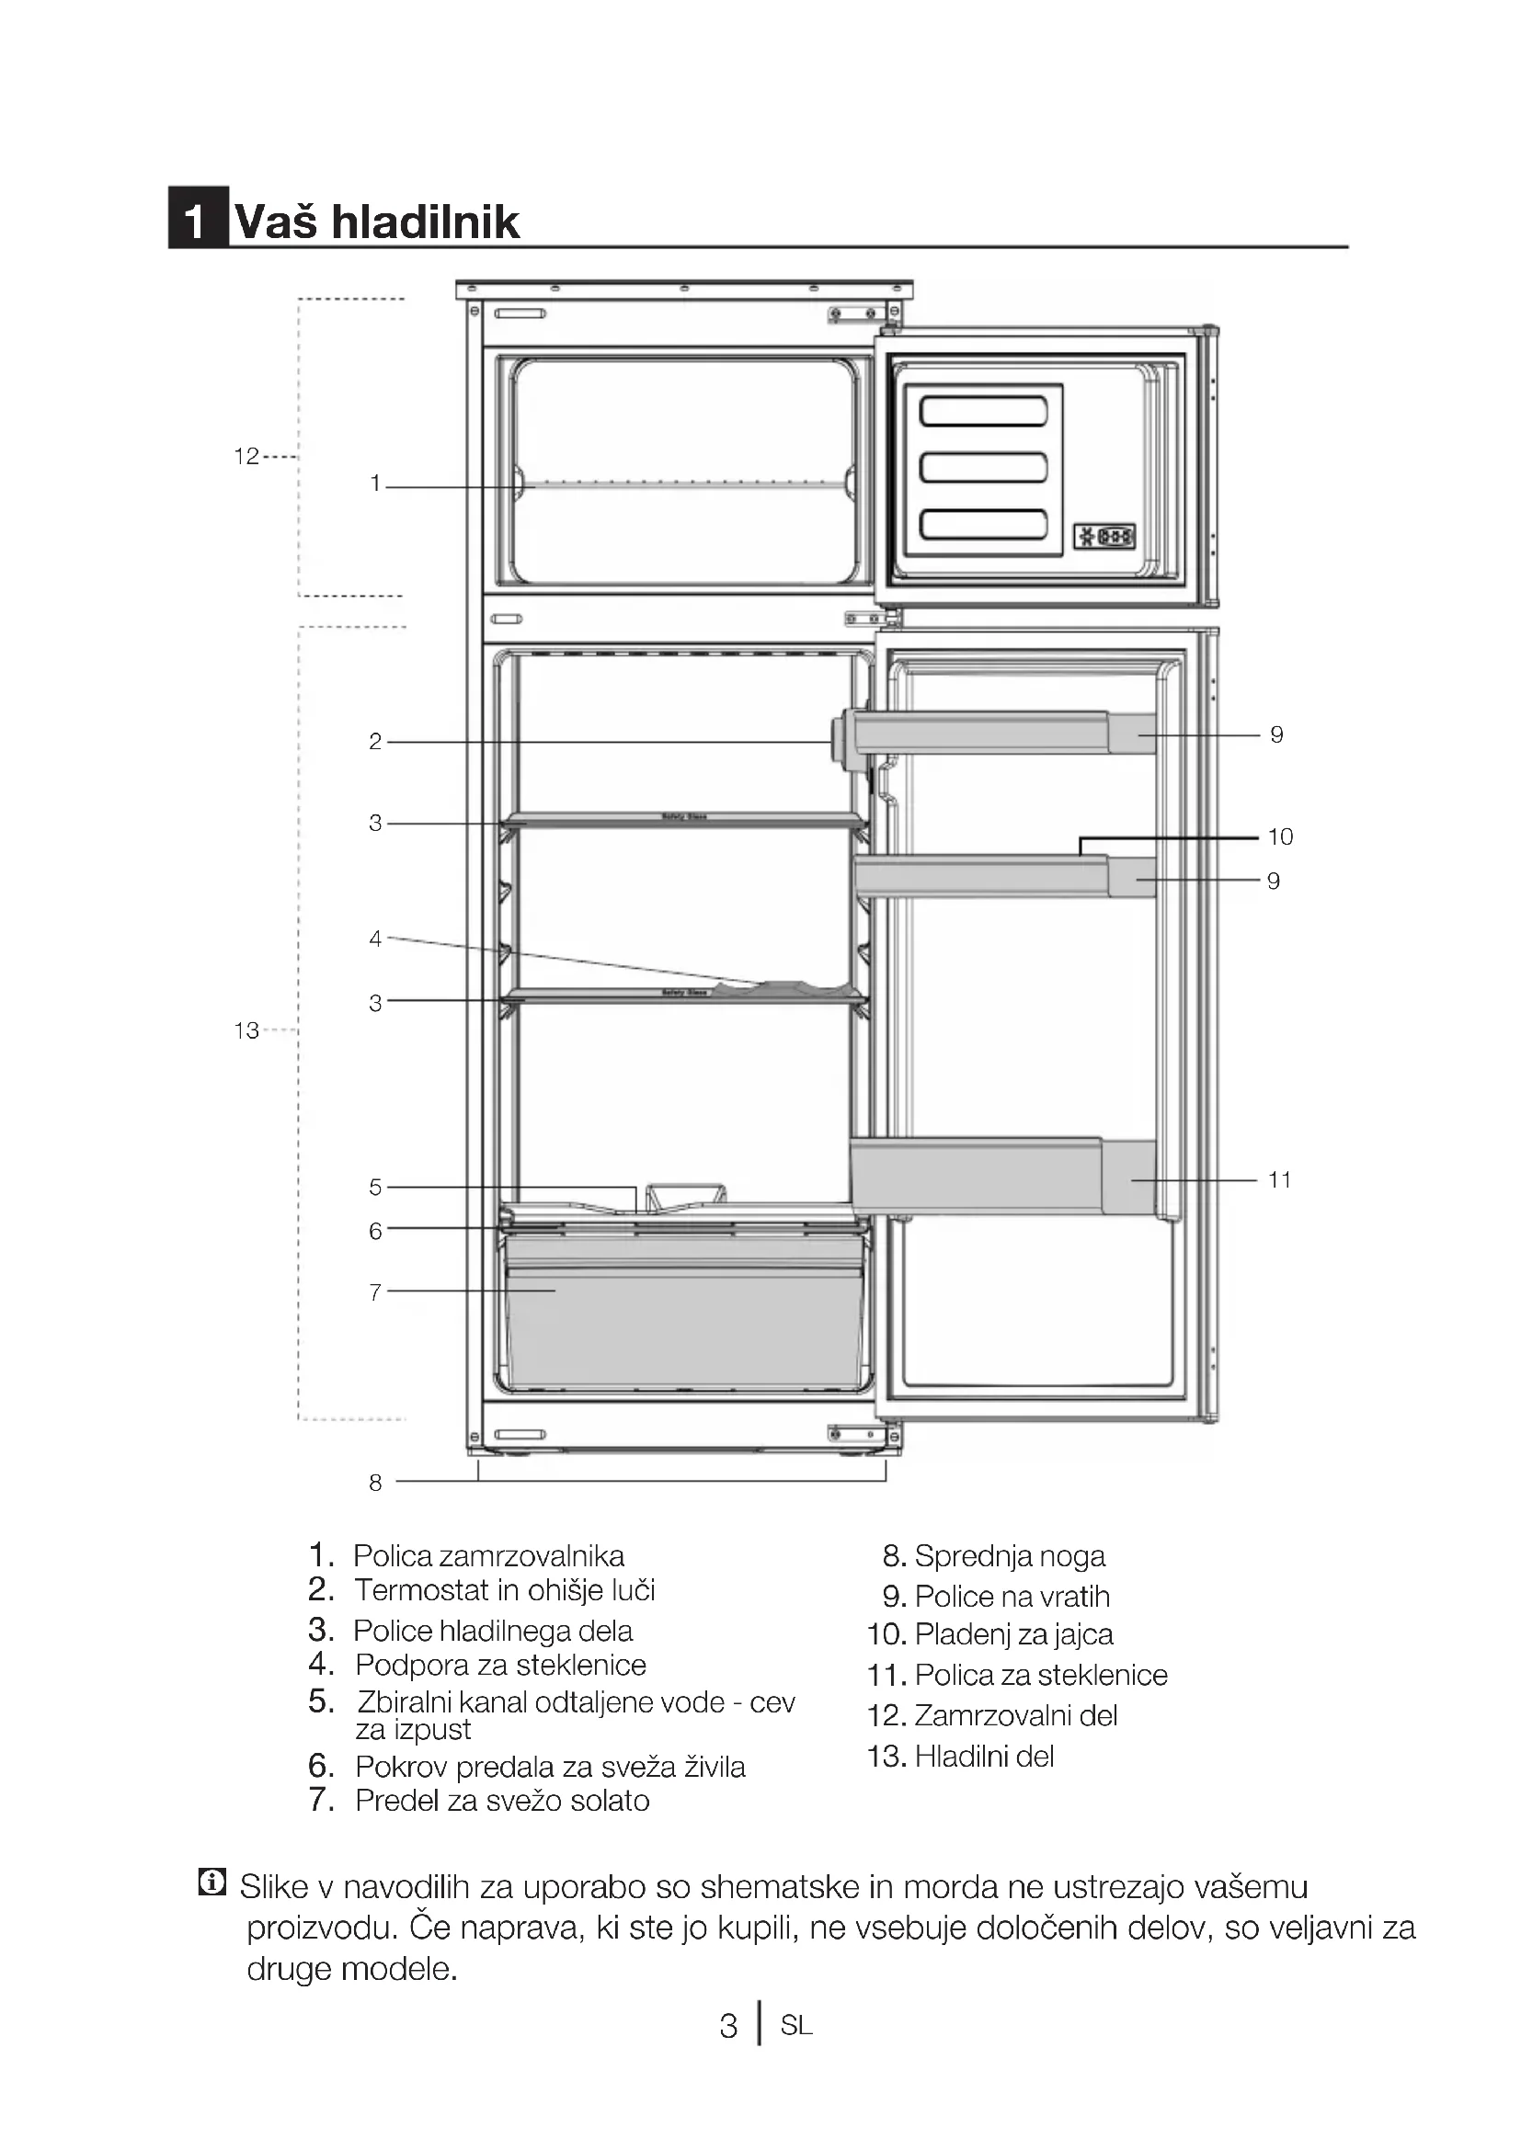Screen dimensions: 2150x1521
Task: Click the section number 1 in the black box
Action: tap(196, 221)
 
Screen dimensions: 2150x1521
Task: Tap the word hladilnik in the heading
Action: tap(425, 222)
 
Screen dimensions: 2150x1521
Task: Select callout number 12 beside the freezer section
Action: tap(246, 456)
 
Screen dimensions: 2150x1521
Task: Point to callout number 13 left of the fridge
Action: tap(246, 1030)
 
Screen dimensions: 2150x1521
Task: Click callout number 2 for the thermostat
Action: tap(375, 742)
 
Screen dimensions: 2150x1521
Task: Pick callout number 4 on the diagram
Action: tap(375, 938)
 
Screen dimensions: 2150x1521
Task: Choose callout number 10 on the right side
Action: tap(1279, 836)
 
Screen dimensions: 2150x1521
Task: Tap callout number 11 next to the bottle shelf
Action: tap(1279, 1180)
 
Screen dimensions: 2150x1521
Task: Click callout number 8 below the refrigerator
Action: tap(375, 1483)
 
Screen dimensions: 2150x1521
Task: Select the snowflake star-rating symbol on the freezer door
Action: tap(1104, 537)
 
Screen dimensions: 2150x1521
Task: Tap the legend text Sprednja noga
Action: tap(1010, 1556)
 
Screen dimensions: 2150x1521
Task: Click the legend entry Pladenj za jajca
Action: tap(1013, 1634)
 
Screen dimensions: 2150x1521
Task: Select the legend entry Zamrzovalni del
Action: tap(1015, 1715)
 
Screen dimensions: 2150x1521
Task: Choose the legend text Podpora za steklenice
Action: tap(500, 1665)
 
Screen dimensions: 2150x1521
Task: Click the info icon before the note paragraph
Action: tap(212, 1882)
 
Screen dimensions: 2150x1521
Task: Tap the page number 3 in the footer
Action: tap(728, 2026)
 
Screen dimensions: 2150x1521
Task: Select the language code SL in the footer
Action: tap(796, 2026)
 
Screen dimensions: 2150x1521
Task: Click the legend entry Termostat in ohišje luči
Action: tap(504, 1590)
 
